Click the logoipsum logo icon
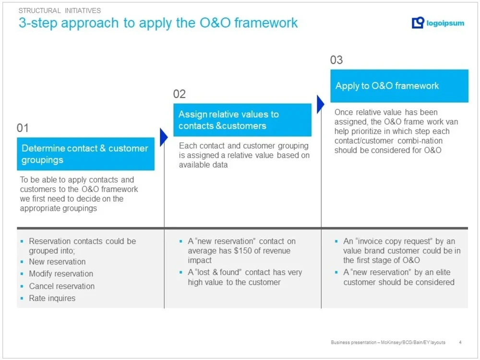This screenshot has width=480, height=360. pyautogui.click(x=418, y=23)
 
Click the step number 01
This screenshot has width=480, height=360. pyautogui.click(x=23, y=128)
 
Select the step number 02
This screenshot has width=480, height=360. pyautogui.click(x=180, y=94)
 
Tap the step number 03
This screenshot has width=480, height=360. pyautogui.click(x=336, y=60)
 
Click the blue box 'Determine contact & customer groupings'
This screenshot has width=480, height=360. pyautogui.click(x=85, y=154)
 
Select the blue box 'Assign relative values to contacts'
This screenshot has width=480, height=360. pyautogui.click(x=242, y=120)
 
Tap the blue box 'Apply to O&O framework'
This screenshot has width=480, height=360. pyautogui.click(x=399, y=86)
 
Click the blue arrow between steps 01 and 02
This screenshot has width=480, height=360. pyautogui.click(x=163, y=137)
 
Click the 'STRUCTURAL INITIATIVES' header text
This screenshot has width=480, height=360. pyautogui.click(x=60, y=11)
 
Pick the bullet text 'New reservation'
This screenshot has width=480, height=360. pyautogui.click(x=57, y=262)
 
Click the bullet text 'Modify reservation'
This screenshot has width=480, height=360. pyautogui.click(x=61, y=274)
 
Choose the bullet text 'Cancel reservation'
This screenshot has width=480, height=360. pyautogui.click(x=61, y=286)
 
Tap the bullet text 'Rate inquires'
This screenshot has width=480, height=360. pyautogui.click(x=52, y=298)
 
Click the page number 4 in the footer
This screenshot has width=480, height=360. pyautogui.click(x=460, y=342)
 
